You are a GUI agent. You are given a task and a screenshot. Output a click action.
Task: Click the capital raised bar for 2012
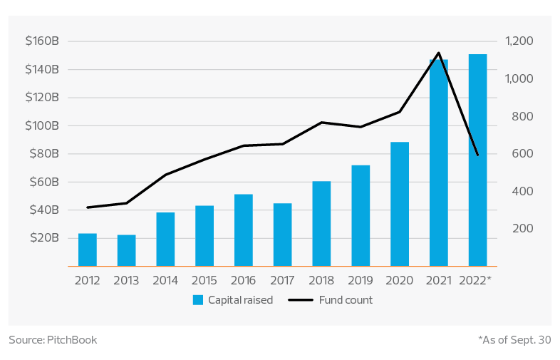click(88, 250)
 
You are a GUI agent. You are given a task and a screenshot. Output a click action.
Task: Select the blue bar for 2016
click(244, 230)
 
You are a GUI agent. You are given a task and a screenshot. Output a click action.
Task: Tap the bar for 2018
click(322, 223)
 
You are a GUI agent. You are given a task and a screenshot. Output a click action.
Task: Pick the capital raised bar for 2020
click(400, 204)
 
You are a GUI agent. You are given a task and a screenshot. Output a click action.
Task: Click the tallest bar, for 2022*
click(477, 160)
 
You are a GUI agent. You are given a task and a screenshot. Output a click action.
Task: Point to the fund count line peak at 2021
click(439, 53)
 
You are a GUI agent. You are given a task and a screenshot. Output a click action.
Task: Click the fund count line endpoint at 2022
click(477, 155)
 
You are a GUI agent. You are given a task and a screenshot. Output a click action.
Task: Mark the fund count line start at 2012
click(88, 207)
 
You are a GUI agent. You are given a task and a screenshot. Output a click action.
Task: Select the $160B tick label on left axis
click(41, 41)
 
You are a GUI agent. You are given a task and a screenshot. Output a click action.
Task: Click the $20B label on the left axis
click(44, 237)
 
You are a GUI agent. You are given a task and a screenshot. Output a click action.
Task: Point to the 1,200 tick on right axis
click(519, 41)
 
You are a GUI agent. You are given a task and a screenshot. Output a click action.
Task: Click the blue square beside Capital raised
click(198, 300)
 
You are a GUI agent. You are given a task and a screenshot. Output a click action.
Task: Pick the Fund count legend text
click(346, 300)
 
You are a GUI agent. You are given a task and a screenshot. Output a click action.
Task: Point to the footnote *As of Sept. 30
click(514, 340)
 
